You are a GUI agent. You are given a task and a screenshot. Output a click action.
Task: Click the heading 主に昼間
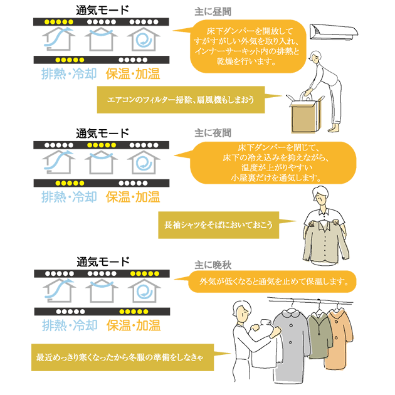pyautogui.click(x=213, y=12)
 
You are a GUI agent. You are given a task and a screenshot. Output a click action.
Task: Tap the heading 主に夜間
pyautogui.click(x=213, y=133)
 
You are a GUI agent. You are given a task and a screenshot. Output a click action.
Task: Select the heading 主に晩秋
pyautogui.click(x=213, y=265)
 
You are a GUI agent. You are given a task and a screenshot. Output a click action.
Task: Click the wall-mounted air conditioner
pyautogui.click(x=334, y=32)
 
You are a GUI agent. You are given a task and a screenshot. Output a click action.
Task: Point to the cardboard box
pyautogui.click(x=305, y=114)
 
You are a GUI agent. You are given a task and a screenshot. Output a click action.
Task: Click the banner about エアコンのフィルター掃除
pyautogui.click(x=181, y=100)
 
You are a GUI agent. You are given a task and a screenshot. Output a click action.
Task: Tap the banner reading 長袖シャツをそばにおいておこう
pyautogui.click(x=219, y=225)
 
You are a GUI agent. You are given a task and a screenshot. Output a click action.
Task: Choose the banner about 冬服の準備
pyautogui.click(x=123, y=357)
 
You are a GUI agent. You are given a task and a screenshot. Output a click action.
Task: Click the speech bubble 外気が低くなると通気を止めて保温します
pyautogui.click(x=272, y=282)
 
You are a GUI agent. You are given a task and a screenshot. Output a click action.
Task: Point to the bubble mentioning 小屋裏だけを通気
pyautogui.click(x=273, y=163)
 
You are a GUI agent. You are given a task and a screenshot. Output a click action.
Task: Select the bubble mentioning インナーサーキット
pyautogui.click(x=248, y=46)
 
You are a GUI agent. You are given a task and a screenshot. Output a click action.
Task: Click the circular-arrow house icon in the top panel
pyautogui.click(x=144, y=39)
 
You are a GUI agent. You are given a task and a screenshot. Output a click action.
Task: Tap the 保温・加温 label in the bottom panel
pyautogui.click(x=134, y=325)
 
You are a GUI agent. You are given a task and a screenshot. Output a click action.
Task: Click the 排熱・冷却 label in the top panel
pyautogui.click(x=69, y=74)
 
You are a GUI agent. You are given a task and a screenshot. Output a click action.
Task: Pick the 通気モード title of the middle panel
pyautogui.click(x=102, y=134)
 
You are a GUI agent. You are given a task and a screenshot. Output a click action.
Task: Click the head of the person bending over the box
pyautogui.click(x=316, y=56)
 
